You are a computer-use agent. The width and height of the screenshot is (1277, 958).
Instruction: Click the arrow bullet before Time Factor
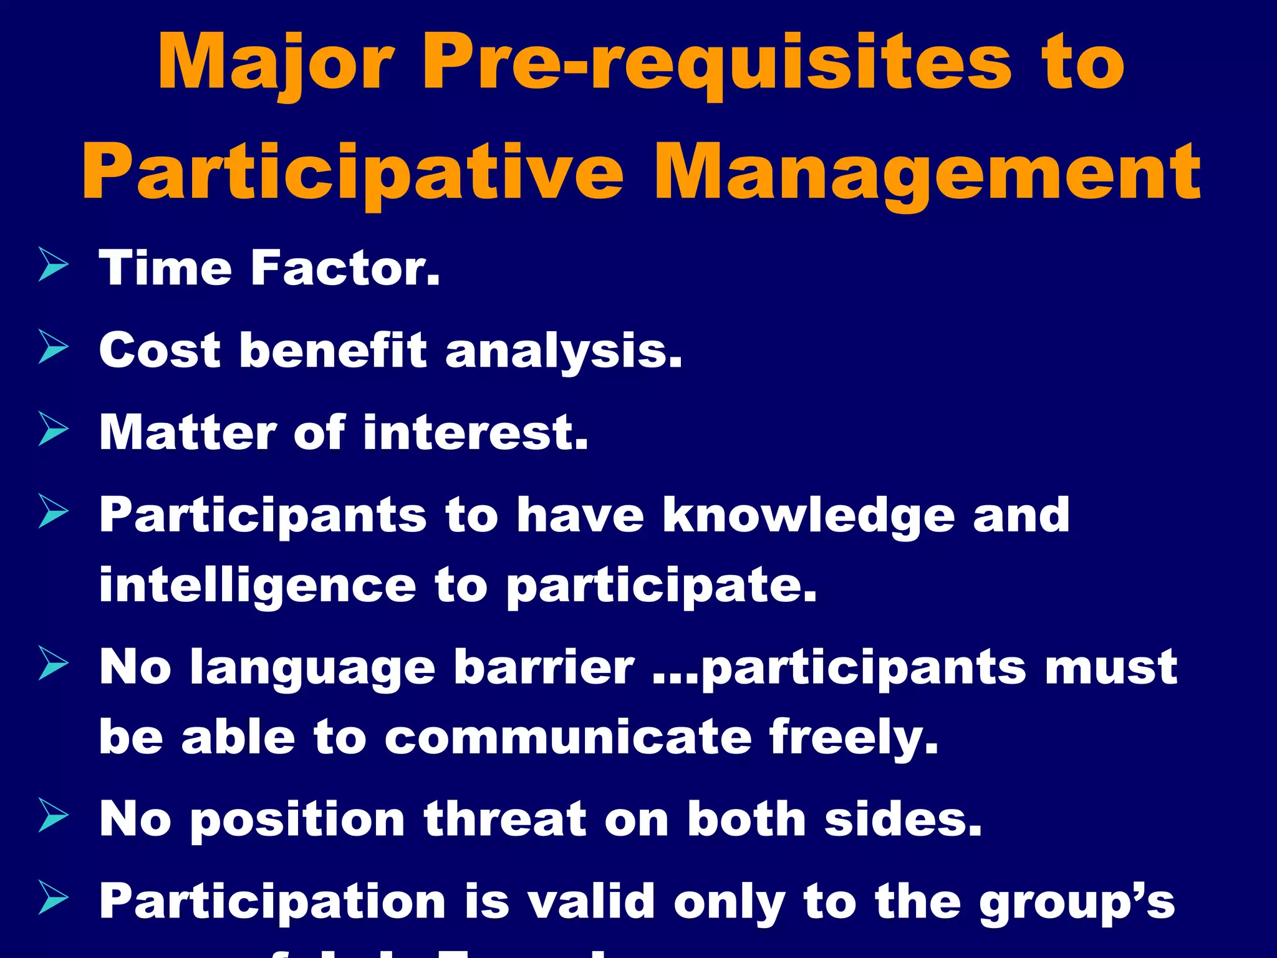point(53,264)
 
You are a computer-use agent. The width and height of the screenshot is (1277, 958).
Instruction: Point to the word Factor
point(345,268)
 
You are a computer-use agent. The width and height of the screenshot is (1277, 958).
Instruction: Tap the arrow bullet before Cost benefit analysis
point(53,347)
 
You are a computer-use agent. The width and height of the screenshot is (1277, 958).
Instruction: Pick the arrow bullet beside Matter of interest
point(53,429)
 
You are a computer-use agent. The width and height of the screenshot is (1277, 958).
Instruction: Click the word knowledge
point(808,516)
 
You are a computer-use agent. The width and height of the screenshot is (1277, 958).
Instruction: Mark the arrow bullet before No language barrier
point(53,663)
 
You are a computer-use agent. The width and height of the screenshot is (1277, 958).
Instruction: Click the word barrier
point(544,667)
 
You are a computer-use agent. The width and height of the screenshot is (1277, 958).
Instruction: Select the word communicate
point(568,737)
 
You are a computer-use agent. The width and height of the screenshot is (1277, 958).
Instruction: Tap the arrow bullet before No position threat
point(53,815)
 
